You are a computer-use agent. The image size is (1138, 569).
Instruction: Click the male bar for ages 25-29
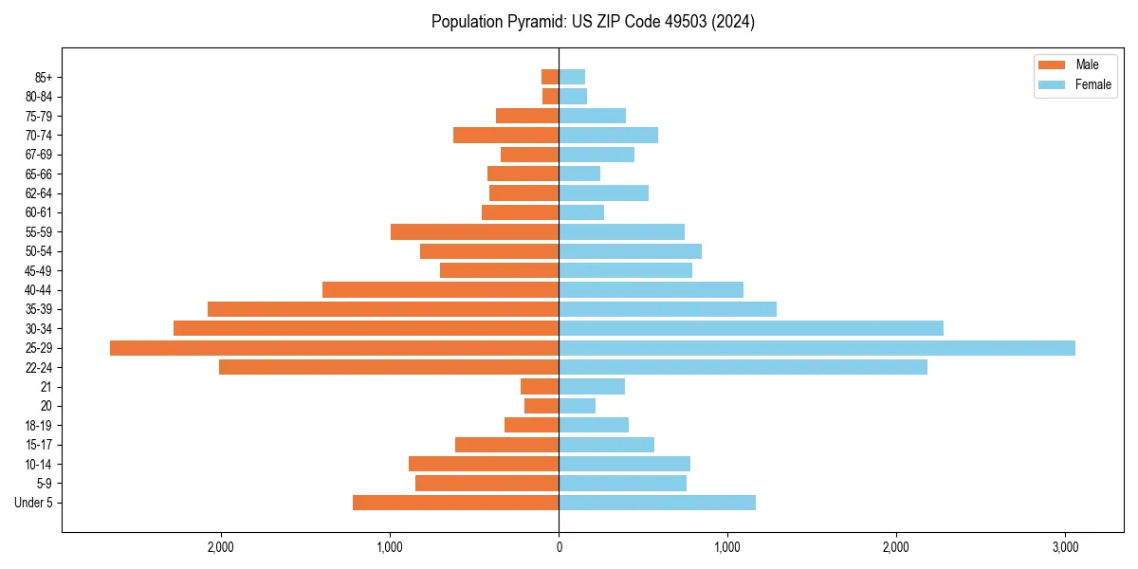click(x=334, y=348)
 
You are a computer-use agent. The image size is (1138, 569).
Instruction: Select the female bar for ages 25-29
click(x=817, y=348)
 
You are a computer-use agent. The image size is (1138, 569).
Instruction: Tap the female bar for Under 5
click(x=657, y=503)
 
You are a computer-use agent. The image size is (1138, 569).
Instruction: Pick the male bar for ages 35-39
click(x=383, y=309)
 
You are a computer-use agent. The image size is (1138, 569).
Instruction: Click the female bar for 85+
click(x=572, y=77)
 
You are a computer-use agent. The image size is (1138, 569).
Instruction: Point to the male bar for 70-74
click(x=505, y=136)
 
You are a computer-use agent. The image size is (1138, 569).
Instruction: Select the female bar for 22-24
click(x=743, y=367)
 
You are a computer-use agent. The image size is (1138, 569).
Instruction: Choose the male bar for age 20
click(x=541, y=406)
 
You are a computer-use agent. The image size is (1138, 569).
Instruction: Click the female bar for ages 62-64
click(x=603, y=193)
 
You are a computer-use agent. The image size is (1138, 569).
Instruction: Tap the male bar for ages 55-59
click(x=474, y=232)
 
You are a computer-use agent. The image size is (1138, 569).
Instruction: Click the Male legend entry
click(x=1074, y=64)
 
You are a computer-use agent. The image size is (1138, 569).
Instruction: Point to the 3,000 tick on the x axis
click(x=1065, y=547)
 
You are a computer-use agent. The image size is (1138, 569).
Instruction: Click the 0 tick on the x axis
click(x=559, y=547)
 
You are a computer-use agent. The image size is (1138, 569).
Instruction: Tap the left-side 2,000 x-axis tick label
click(x=221, y=547)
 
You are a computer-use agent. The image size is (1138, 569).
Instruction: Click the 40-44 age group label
click(x=39, y=290)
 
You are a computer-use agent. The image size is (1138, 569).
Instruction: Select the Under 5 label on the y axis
click(x=34, y=503)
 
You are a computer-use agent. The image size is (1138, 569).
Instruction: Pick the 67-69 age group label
click(x=39, y=155)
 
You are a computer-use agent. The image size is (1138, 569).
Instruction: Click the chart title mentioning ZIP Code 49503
click(x=593, y=22)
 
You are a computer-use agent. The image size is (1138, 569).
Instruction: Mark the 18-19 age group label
click(x=39, y=425)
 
